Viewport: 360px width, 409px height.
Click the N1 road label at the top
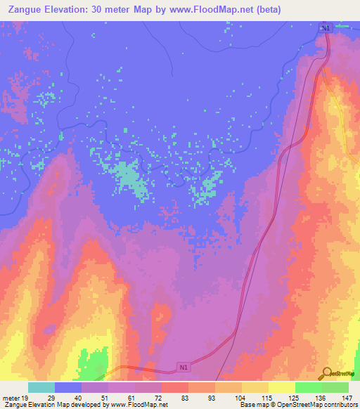point(324,28)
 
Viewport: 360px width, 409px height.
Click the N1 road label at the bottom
point(184,367)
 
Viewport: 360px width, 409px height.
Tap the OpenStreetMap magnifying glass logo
point(326,372)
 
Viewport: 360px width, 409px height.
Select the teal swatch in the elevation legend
point(41,387)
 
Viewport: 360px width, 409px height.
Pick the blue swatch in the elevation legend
point(68,387)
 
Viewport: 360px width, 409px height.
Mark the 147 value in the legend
point(347,397)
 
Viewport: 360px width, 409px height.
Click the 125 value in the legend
point(295,397)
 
